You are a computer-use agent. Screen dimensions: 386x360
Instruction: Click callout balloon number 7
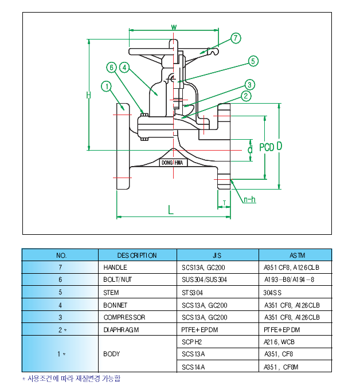[x=236, y=38]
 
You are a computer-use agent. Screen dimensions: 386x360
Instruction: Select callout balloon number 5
[x=253, y=61]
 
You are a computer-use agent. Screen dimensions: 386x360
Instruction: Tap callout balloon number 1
[x=105, y=86]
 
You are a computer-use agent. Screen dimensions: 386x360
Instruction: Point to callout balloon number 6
[x=112, y=67]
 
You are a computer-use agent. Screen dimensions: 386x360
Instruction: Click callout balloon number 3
[x=250, y=84]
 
